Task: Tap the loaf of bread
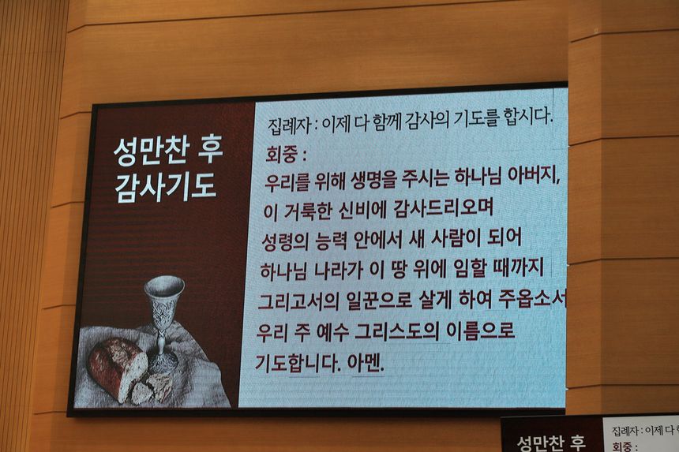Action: [x=118, y=368]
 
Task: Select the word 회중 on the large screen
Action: [x=282, y=155]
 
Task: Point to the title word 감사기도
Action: [x=166, y=186]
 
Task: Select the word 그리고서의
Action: [x=298, y=301]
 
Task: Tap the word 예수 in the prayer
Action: [x=332, y=332]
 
